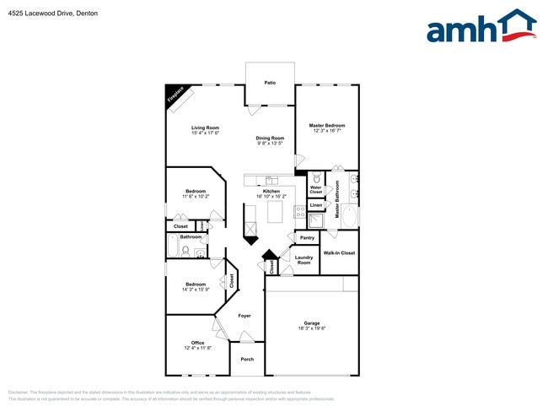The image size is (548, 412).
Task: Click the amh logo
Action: point(481,27)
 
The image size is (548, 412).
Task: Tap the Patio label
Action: point(270,83)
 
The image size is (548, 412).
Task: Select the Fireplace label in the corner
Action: point(176,95)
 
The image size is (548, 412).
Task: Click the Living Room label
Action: point(205,127)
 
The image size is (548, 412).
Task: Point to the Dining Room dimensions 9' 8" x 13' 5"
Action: point(271,144)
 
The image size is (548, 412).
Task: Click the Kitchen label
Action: point(271,191)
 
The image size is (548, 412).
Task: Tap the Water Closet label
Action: point(315,190)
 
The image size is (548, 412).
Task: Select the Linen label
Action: point(315,205)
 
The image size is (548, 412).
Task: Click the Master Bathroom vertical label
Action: point(337,200)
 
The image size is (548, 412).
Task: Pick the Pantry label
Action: point(307,238)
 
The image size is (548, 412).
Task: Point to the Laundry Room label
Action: point(304,260)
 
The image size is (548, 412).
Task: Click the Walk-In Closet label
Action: point(339,252)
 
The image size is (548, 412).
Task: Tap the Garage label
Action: point(312,323)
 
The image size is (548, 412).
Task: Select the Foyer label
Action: point(244,315)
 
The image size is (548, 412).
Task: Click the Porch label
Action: point(247,359)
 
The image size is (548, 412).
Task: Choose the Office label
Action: point(197,342)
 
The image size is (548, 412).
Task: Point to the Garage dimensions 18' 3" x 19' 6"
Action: point(312,328)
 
